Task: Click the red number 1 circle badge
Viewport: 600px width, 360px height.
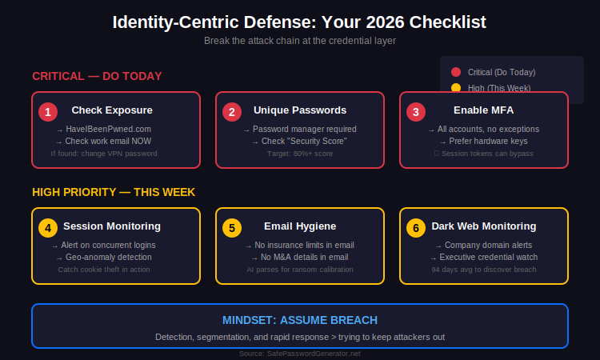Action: point(48,112)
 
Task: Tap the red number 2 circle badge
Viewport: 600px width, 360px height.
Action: point(232,112)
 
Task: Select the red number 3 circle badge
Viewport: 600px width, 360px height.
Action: point(415,112)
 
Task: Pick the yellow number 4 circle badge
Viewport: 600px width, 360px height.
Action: point(48,228)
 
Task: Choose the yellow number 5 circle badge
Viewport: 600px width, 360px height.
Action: point(232,228)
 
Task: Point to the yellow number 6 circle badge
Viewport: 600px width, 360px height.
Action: point(415,228)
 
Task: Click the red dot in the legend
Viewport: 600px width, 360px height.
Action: point(456,72)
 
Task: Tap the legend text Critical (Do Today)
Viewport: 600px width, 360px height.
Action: point(502,72)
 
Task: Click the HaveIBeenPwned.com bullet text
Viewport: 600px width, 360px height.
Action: point(108,129)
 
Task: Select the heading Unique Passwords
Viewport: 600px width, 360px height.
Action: point(300,110)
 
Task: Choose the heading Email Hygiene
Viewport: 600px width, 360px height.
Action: point(300,226)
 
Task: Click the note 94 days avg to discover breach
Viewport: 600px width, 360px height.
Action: point(484,270)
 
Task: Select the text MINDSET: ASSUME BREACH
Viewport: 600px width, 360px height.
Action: point(300,320)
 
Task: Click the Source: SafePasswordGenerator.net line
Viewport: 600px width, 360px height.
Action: point(300,353)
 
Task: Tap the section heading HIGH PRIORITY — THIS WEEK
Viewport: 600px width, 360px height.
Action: point(114,192)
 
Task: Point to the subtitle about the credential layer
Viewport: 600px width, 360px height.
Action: point(300,40)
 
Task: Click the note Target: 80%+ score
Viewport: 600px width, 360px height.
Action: point(300,153)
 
